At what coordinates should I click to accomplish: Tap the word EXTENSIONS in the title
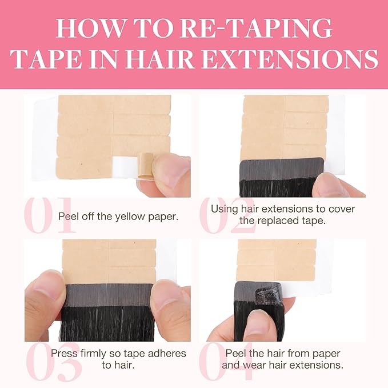point(290,59)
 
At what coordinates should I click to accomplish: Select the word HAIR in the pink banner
point(159,59)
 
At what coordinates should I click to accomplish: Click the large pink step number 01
point(50,215)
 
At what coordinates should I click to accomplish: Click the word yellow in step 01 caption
point(130,217)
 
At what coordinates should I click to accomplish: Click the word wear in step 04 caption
point(255,365)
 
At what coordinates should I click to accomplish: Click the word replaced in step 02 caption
point(278,221)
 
